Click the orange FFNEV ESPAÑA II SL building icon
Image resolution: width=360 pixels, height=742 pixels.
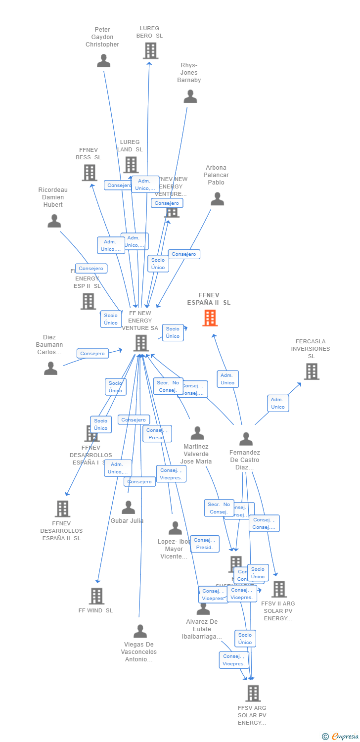point(210,318)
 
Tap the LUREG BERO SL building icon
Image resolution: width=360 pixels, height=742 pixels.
point(150,50)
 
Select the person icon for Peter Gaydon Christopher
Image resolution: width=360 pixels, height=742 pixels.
point(103,61)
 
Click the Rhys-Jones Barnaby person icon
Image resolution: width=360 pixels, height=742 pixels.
point(190,96)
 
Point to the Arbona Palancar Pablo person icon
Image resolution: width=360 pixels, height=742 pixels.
point(217,199)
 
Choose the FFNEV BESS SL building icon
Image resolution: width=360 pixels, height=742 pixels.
point(90,173)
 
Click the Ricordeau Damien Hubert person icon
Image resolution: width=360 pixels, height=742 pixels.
point(54,221)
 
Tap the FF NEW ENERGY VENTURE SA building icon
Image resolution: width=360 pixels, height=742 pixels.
point(141,343)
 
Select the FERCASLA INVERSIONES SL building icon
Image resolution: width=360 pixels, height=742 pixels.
point(312,371)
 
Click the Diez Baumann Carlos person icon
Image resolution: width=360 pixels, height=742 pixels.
point(51,369)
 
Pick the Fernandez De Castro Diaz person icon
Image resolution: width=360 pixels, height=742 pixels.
point(246,439)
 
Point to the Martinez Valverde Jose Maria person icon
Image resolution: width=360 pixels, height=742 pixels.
point(197,433)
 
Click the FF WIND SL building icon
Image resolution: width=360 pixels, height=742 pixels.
point(96,596)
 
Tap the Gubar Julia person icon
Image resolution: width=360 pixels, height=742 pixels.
point(129,508)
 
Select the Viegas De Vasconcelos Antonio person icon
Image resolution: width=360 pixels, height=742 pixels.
point(140,631)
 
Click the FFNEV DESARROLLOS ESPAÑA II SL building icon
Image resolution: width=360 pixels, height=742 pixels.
point(62,509)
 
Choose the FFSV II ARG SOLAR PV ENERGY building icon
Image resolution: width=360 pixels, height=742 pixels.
point(279,589)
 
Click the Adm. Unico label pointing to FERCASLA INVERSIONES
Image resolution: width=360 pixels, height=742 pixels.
point(278,403)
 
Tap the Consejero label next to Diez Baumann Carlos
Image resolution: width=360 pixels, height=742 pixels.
point(92,353)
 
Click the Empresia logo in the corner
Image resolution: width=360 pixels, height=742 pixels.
point(340,737)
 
